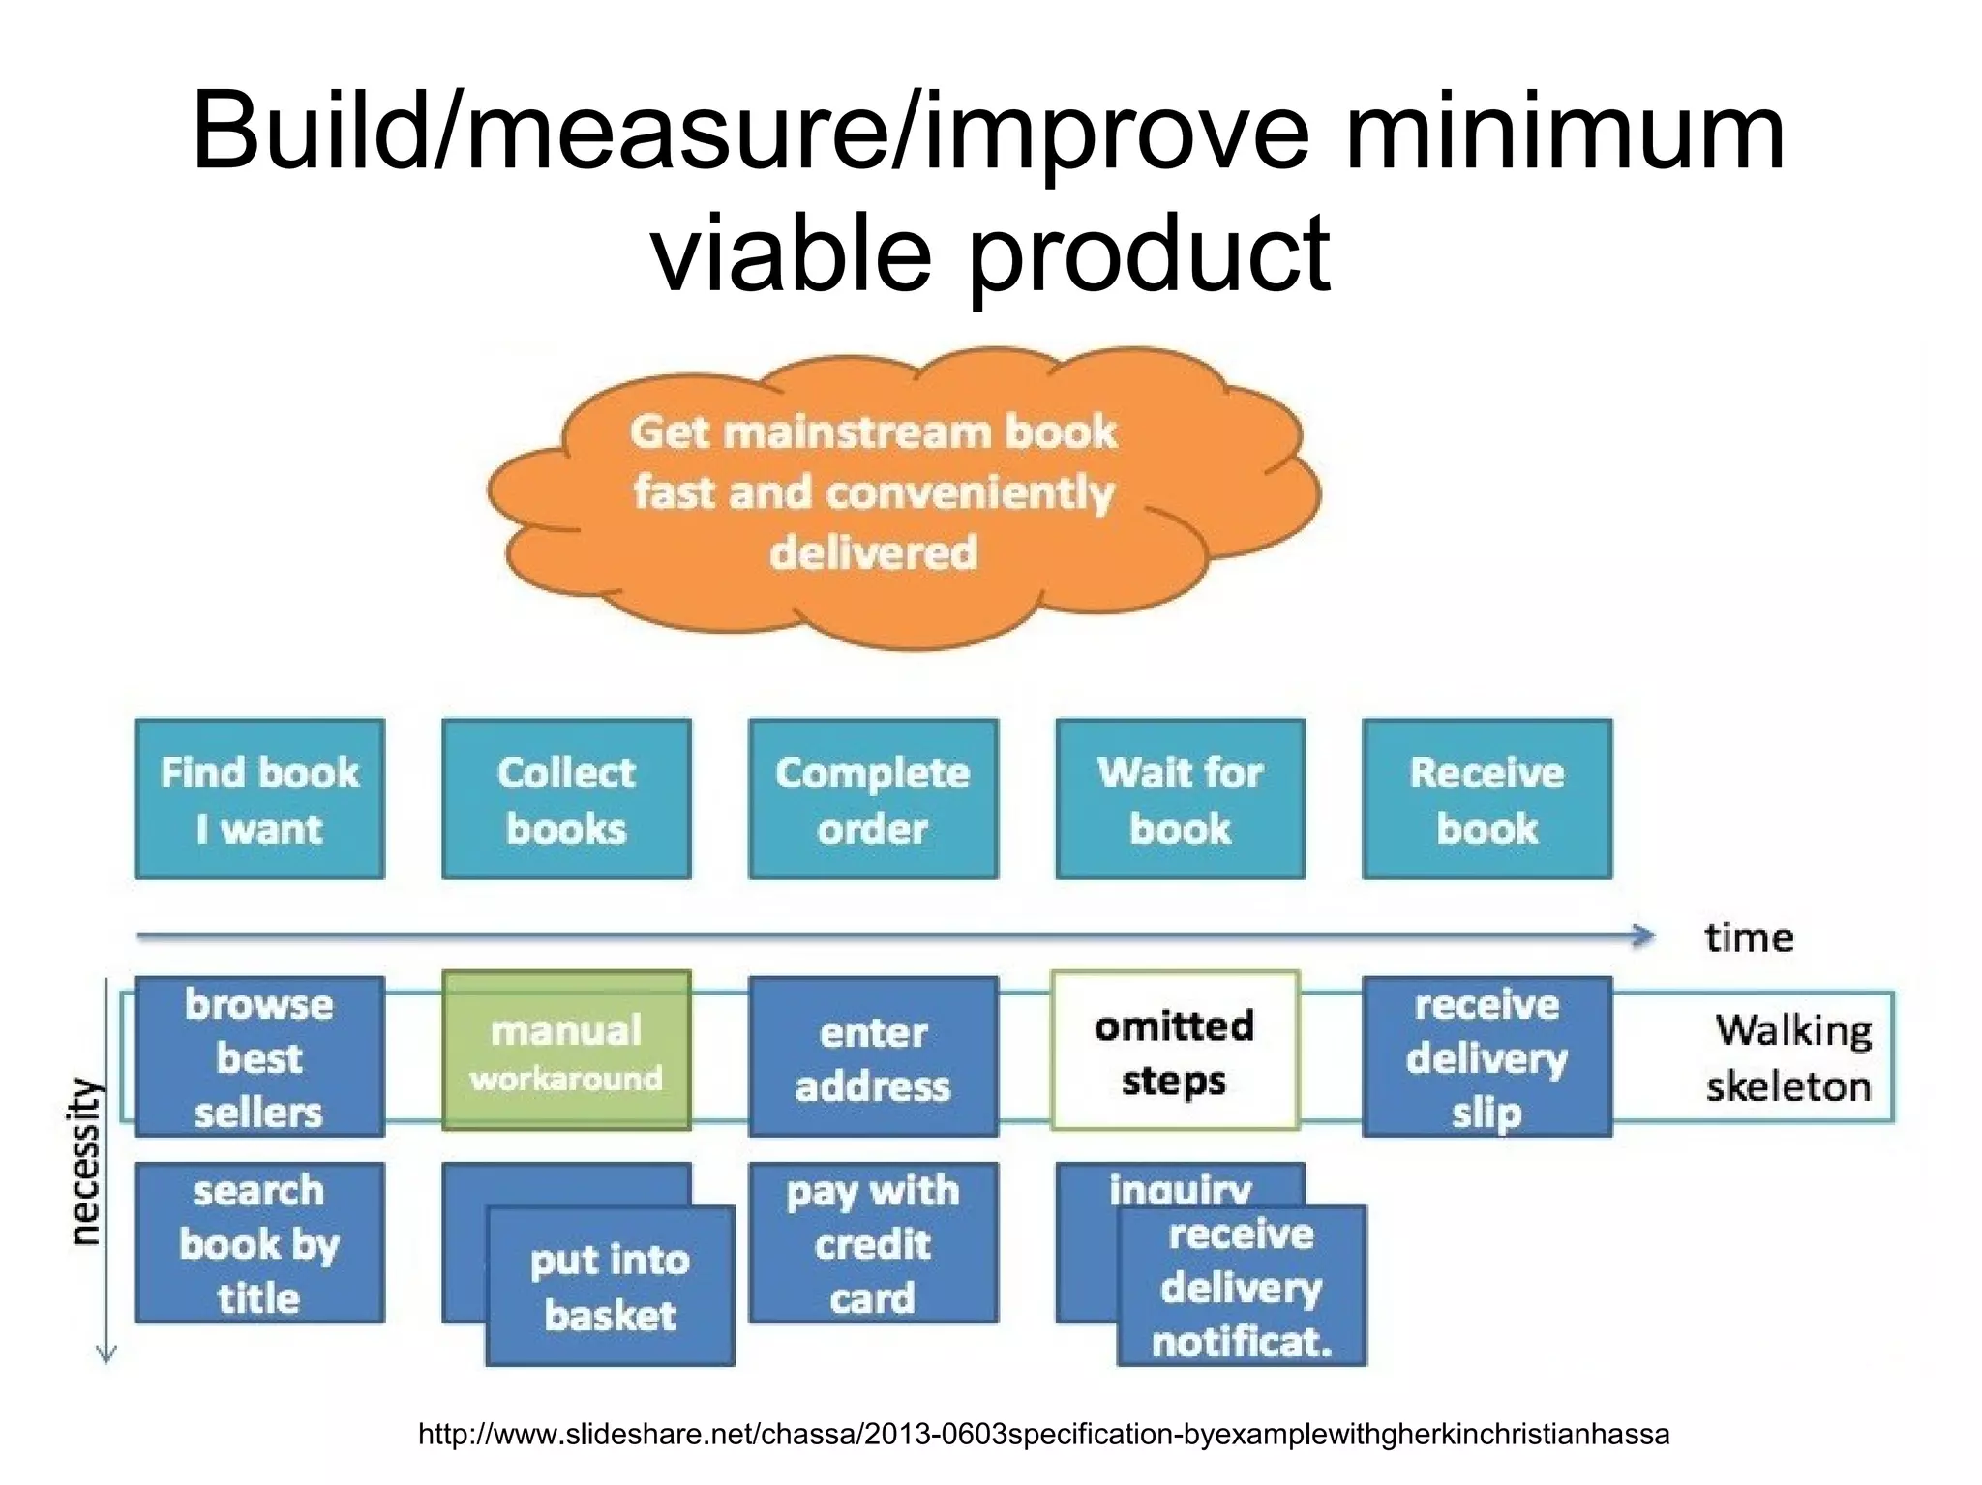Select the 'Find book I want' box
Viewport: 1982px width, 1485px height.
[x=259, y=799]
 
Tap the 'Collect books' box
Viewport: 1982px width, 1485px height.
[x=566, y=799]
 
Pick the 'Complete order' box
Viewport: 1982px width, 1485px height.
[x=873, y=799]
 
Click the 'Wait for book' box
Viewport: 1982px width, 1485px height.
[x=1180, y=799]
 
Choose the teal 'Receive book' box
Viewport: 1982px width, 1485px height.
[x=1486, y=799]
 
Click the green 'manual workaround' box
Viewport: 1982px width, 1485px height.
[x=566, y=1052]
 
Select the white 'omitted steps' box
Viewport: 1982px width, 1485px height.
[x=1174, y=1052]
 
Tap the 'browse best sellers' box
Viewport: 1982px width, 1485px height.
[x=259, y=1056]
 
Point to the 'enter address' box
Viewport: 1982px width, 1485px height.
[x=873, y=1057]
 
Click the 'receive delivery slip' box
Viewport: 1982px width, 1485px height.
[x=1486, y=1057]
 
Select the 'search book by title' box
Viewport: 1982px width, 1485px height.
[x=259, y=1243]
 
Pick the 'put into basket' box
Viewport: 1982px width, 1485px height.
[x=610, y=1287]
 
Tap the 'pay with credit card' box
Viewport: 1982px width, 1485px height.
[x=873, y=1243]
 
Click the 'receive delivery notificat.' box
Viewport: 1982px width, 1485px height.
[x=1242, y=1287]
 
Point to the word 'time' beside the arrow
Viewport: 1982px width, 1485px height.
[x=1749, y=937]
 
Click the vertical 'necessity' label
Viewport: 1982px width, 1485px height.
[x=86, y=1161]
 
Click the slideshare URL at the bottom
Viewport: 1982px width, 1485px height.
[x=1043, y=1434]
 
